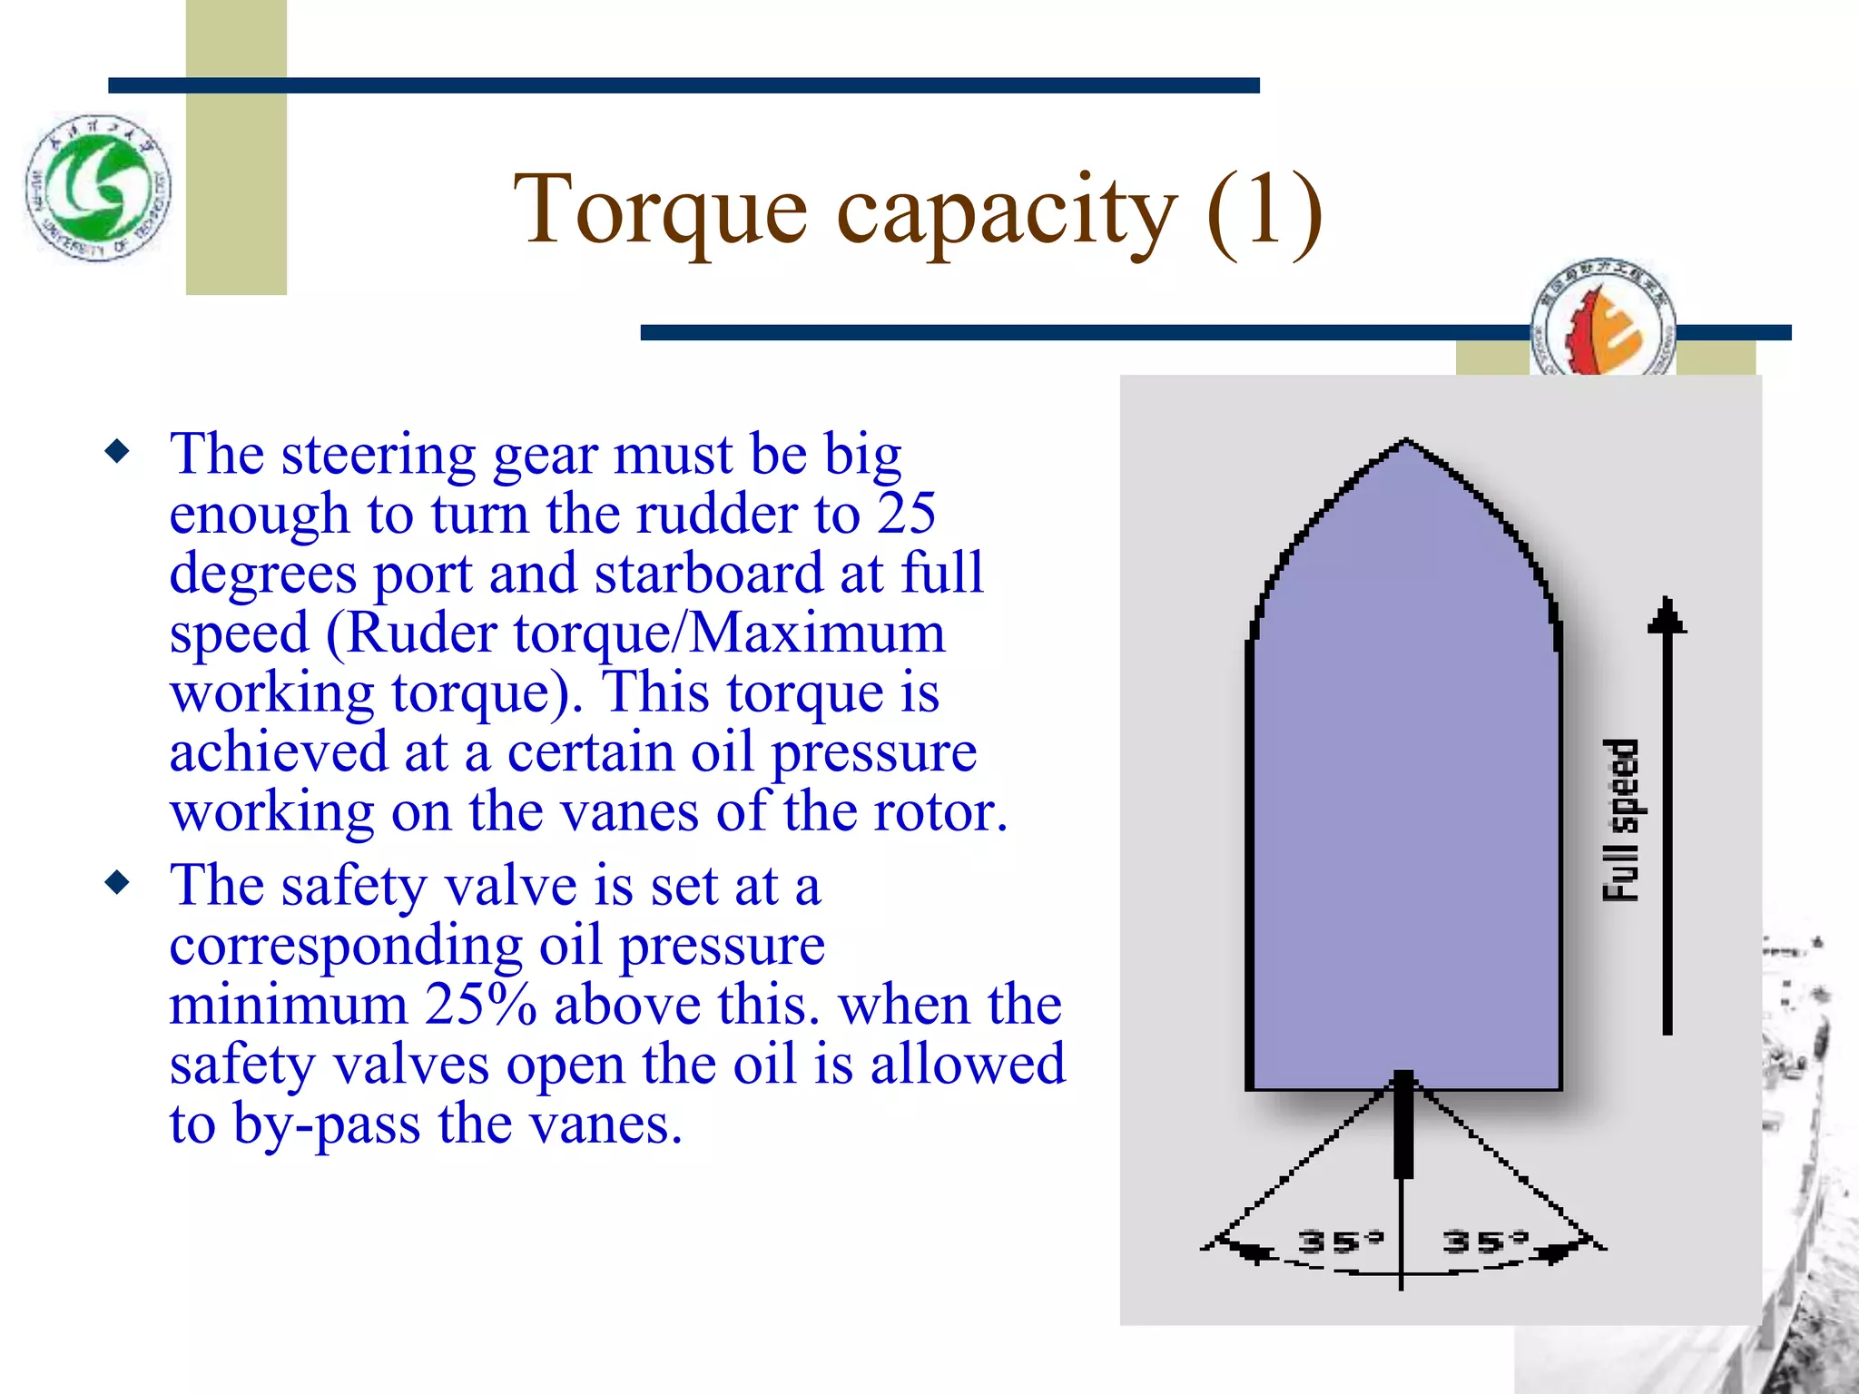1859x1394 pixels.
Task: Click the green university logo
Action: click(x=98, y=188)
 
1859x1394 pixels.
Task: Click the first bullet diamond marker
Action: click(x=117, y=450)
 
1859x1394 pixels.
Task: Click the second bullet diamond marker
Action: click(x=117, y=882)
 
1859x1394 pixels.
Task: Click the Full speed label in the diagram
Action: click(x=1621, y=820)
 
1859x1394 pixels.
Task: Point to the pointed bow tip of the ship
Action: click(x=1405, y=441)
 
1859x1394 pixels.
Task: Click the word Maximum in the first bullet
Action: click(x=817, y=633)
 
